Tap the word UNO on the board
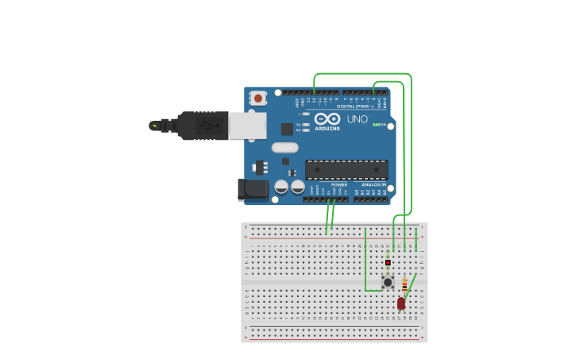click(x=358, y=119)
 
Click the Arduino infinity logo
click(x=327, y=118)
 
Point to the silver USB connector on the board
click(x=247, y=126)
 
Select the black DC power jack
click(x=253, y=189)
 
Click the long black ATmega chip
click(x=346, y=169)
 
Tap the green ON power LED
click(x=376, y=125)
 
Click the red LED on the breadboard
click(x=401, y=304)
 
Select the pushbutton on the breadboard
click(x=388, y=282)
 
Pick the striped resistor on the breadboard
click(x=404, y=284)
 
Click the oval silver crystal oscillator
click(x=284, y=147)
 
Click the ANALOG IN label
click(x=374, y=184)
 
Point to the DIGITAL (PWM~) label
click(x=354, y=106)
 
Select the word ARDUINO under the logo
click(x=327, y=128)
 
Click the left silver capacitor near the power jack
click(x=281, y=188)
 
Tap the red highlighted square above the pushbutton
click(x=388, y=262)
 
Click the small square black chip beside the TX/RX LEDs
click(x=287, y=129)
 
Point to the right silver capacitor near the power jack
click(x=298, y=188)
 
